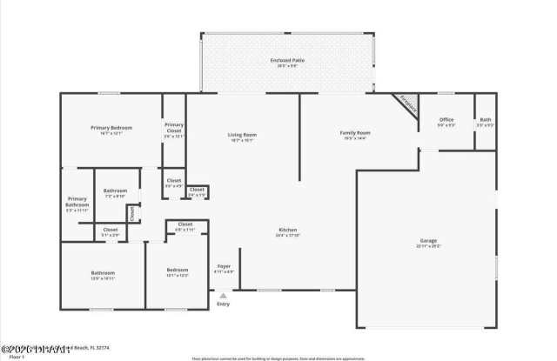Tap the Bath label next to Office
485,122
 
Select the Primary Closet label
174,130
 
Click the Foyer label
224,268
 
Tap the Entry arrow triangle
224,295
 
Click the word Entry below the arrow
224,304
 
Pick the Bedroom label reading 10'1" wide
177,272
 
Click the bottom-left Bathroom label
103,275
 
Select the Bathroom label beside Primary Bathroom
116,193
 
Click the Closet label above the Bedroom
185,226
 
